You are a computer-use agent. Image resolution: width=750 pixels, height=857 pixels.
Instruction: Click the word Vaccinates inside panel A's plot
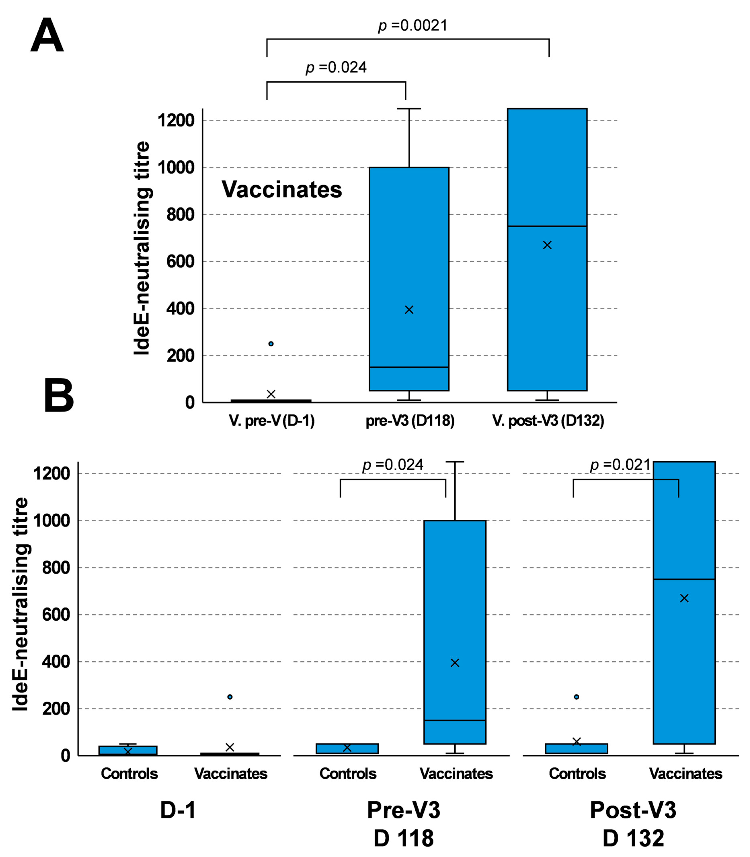tap(282, 190)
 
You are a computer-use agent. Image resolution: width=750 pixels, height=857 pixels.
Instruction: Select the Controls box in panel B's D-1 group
tap(128, 750)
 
